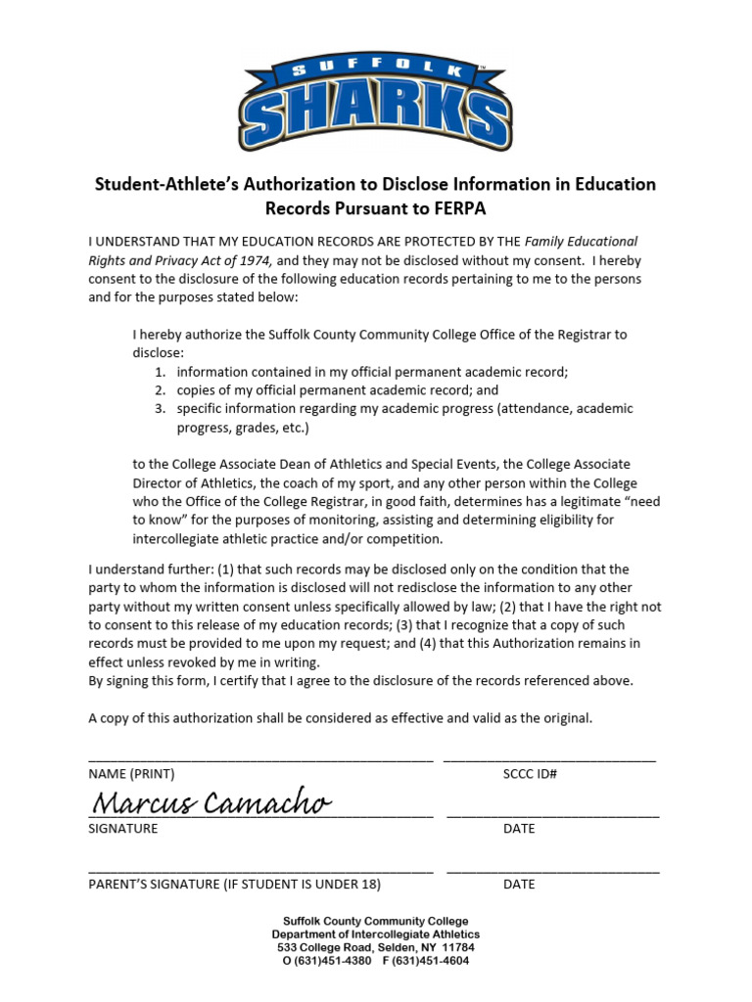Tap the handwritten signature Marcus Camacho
(x=211, y=803)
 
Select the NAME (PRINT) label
(x=131, y=774)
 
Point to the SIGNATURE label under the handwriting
(x=123, y=829)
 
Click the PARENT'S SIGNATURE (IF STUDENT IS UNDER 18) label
(x=234, y=885)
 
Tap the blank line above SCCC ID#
(x=549, y=759)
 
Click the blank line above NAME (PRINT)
(x=260, y=759)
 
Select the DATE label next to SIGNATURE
(x=519, y=829)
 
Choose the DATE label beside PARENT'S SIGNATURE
(x=519, y=885)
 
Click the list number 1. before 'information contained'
(x=161, y=372)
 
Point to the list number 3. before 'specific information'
(x=161, y=409)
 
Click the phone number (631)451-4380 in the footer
(x=333, y=961)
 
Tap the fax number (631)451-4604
(x=431, y=961)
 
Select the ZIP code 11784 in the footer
(x=458, y=948)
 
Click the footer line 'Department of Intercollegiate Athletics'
(x=376, y=934)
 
